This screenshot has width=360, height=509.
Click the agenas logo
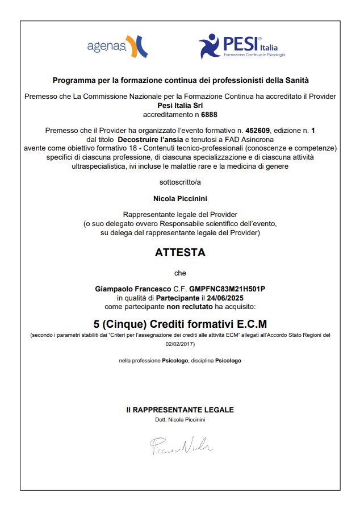tap(117, 46)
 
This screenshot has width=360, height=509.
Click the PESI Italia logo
tap(241, 47)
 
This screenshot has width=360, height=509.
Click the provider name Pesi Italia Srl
tap(180, 105)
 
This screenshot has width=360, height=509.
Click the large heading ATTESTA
tap(180, 253)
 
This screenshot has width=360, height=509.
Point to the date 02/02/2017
tap(180, 344)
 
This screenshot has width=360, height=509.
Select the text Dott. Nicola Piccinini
tap(180, 419)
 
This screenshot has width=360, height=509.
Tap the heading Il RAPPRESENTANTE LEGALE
tap(180, 410)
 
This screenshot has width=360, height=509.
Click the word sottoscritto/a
tap(180, 183)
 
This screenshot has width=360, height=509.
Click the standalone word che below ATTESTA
tap(180, 273)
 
